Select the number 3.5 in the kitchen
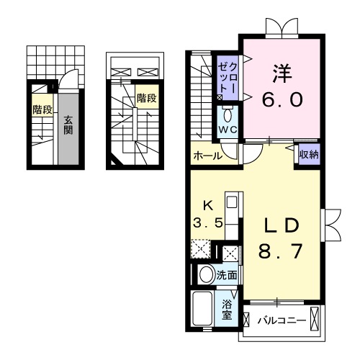click(207, 222)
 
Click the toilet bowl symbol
click(228, 115)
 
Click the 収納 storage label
click(309, 154)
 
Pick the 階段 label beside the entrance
click(42, 110)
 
